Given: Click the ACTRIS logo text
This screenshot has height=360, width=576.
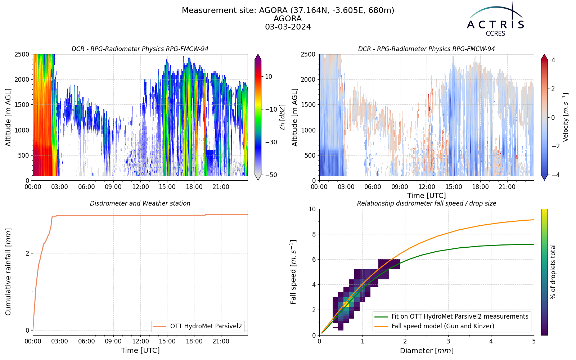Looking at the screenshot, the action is point(495,25).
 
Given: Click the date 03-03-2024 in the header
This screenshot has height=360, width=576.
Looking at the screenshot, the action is point(288,27).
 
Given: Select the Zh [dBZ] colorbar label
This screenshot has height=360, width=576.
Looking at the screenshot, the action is point(282,117).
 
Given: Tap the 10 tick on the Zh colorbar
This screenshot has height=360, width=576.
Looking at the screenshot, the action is point(269,77).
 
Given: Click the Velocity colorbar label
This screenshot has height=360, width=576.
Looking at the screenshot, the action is point(565,117).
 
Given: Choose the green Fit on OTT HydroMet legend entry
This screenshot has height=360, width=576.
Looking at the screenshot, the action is point(451,316).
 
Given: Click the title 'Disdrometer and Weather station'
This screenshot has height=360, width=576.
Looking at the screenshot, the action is point(140,203).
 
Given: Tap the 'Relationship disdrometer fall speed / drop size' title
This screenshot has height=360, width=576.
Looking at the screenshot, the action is point(427,203).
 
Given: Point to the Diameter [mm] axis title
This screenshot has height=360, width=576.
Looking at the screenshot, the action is point(427,351).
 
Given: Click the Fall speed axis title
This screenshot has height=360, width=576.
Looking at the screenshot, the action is point(293,272).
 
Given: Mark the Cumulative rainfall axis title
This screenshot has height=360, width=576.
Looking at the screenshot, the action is point(8,272).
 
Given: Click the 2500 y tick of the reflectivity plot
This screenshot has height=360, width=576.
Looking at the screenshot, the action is point(22,54).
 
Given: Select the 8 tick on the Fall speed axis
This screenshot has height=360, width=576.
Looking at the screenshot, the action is point(314,234).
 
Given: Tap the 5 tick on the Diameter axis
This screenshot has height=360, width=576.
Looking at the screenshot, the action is point(534,342).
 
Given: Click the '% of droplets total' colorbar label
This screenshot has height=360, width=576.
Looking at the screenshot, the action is point(553,272).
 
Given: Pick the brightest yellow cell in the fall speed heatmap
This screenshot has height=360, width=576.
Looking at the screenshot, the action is point(346,305).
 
